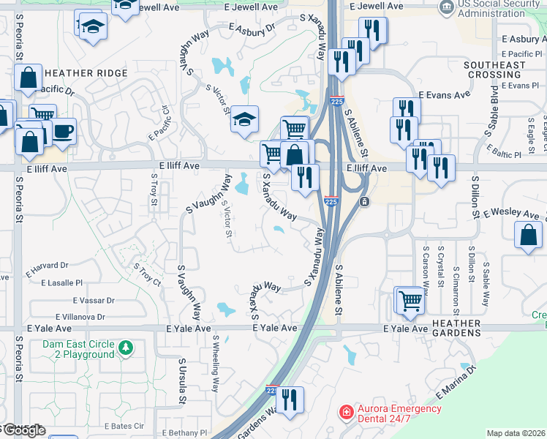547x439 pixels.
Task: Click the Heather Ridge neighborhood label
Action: (86, 73)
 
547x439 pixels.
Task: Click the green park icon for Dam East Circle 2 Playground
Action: (127, 346)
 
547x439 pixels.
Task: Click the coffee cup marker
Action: (63, 132)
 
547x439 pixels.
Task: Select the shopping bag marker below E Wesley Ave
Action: (528, 236)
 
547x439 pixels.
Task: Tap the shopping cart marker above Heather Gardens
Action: (410, 299)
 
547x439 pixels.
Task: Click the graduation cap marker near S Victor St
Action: (245, 120)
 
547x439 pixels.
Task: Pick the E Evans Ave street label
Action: (444, 95)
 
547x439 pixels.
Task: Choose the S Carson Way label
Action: (425, 266)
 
